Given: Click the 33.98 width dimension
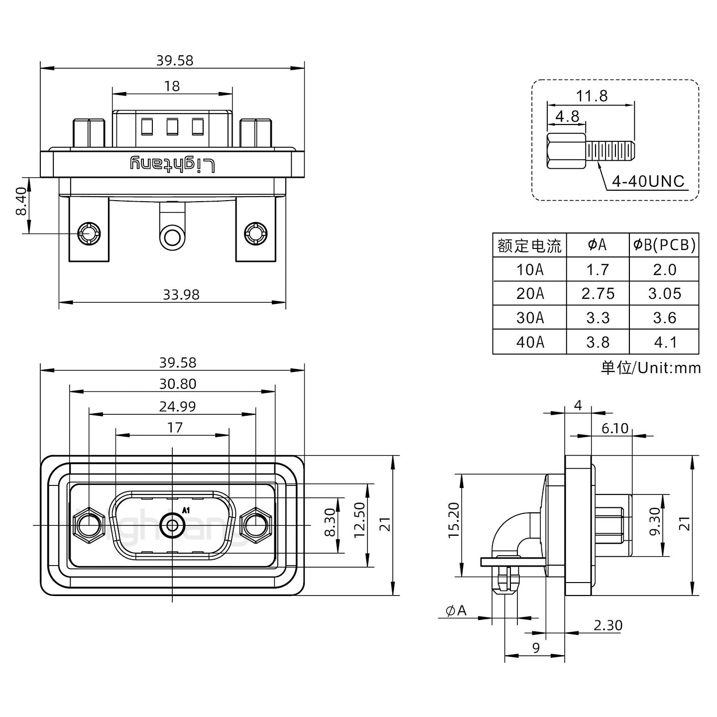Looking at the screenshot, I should [181, 295].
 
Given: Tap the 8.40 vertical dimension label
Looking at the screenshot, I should [20, 202].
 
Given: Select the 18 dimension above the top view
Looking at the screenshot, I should [172, 86].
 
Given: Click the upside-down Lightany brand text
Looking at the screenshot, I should [172, 164].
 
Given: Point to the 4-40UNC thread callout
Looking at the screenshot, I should [648, 181].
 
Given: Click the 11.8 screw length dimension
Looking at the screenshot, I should [592, 96].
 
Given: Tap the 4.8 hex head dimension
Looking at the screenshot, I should [567, 116].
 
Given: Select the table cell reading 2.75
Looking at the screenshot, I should [597, 294].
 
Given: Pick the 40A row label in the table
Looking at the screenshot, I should [530, 342].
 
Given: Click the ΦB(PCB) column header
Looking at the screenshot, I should [664, 245].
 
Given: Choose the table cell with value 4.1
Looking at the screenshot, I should [664, 342].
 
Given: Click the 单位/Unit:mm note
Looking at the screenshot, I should [651, 368].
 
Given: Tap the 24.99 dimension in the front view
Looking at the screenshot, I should [177, 406].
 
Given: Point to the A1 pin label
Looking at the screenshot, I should [186, 510].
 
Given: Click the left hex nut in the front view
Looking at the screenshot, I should [88, 525].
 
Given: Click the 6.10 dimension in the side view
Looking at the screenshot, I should [615, 428].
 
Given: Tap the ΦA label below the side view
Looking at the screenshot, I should [456, 610].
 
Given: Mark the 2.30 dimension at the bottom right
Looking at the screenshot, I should [607, 625].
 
